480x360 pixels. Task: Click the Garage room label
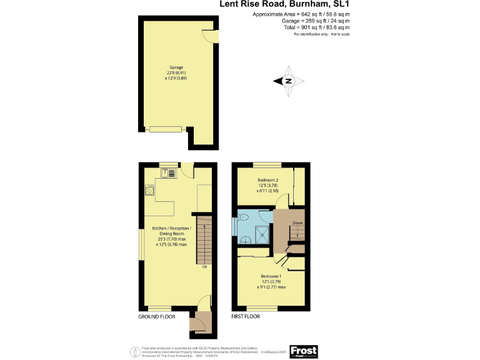coord(176,67)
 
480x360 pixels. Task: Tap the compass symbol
coord(288,81)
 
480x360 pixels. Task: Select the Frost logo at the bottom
coord(304,351)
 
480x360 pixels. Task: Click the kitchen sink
coord(167,173)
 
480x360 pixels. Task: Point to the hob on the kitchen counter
coord(150,189)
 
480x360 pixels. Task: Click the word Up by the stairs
coord(204,267)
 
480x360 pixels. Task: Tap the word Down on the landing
coord(297,223)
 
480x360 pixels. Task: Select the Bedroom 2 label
coord(267,180)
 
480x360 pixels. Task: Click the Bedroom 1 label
coord(270,276)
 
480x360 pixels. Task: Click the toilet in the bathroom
coord(246,217)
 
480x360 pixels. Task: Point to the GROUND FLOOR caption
coord(156,317)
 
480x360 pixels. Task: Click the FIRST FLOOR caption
coord(245,317)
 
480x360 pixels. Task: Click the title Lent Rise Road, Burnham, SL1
coord(284,5)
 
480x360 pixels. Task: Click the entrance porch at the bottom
coord(199,323)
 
